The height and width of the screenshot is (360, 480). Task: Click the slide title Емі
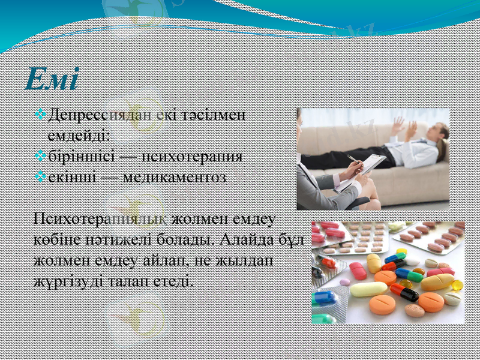[52, 80]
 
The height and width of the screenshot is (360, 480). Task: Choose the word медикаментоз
[174, 177]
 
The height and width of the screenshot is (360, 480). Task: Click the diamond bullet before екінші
[40, 177]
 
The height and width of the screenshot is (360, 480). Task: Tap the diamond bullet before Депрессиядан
[40, 114]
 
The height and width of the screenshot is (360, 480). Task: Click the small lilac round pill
[344, 281]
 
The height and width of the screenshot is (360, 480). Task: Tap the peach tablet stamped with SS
[415, 310]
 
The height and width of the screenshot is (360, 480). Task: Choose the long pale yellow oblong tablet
[369, 290]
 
